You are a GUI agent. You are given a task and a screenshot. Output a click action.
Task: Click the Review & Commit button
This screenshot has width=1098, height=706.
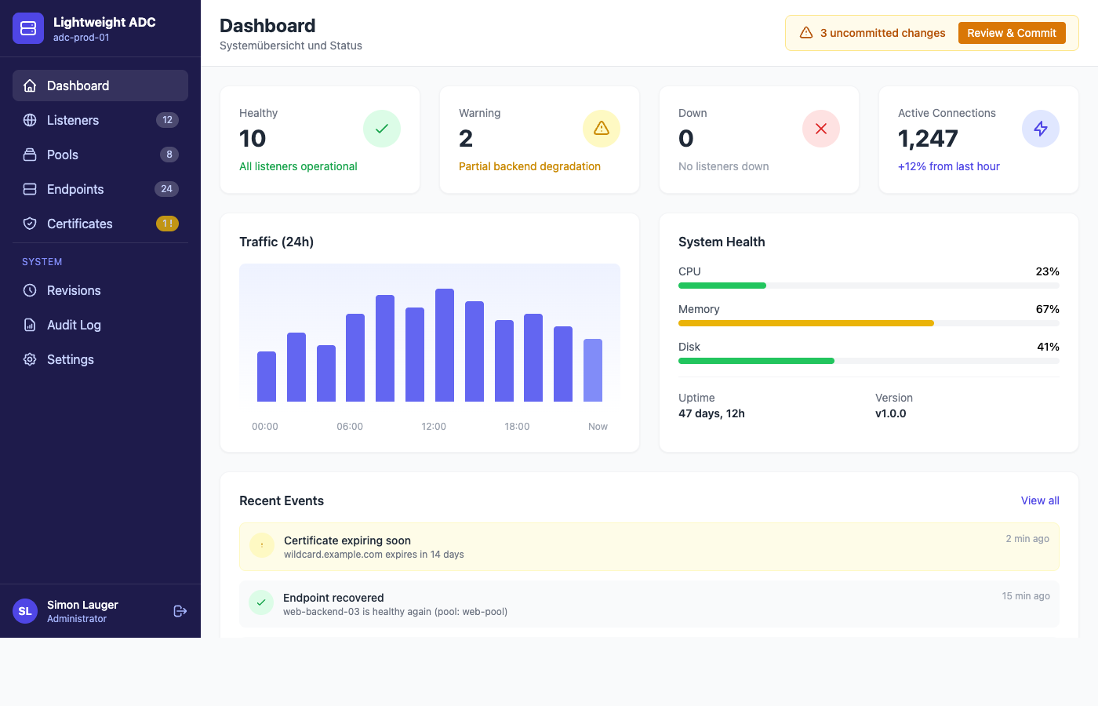coord(1011,33)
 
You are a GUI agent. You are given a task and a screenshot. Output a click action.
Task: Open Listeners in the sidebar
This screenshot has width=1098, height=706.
coord(73,120)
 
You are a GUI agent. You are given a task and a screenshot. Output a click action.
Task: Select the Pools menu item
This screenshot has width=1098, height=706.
coord(63,155)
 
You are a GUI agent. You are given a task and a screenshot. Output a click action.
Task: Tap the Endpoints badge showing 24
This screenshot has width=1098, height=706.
coord(166,189)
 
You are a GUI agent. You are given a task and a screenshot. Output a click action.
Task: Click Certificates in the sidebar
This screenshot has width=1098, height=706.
coord(79,224)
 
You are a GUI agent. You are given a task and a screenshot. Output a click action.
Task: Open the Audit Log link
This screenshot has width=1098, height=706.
coord(74,325)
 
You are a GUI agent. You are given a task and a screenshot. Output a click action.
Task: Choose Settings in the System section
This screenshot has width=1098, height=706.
coord(70,359)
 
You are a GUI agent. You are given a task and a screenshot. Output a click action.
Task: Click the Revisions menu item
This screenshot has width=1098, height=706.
coord(74,290)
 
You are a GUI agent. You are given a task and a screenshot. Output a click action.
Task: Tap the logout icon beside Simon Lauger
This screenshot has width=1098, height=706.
coord(180,611)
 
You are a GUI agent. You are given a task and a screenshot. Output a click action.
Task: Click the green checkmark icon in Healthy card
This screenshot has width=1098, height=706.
coord(382,129)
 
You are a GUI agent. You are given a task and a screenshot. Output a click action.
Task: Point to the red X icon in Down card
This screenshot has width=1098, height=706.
coord(821,129)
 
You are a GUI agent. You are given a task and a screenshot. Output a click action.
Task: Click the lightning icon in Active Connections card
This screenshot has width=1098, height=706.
coord(1041,129)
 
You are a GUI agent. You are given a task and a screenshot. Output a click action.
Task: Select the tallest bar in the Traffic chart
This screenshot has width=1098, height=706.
coord(445,345)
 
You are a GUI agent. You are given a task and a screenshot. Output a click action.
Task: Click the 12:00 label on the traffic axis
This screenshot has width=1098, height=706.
coord(434,427)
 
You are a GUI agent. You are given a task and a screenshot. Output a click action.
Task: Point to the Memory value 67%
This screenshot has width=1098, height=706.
coord(1047,309)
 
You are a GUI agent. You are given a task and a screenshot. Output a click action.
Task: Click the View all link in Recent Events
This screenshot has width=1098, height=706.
coord(1040,500)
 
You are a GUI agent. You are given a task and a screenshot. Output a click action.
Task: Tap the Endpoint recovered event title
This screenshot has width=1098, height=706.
coord(333,598)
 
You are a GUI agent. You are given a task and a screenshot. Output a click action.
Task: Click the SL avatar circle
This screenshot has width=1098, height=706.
coord(25,611)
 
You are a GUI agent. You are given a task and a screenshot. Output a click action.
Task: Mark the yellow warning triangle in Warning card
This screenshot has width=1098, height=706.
coord(602,129)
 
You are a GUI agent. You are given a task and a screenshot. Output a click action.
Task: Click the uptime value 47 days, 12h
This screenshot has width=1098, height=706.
coord(711,413)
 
